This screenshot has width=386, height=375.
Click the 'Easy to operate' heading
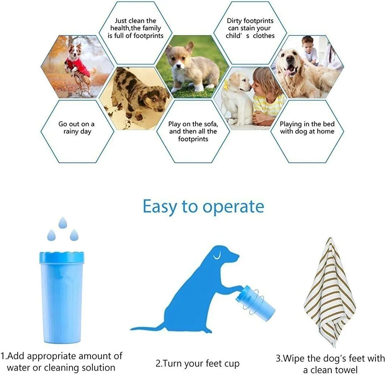pos(203,207)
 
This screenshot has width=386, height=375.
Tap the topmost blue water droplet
pos(63,223)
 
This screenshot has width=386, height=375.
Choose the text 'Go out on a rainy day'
pos(77,128)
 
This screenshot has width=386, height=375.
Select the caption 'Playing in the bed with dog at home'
pos(307,128)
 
